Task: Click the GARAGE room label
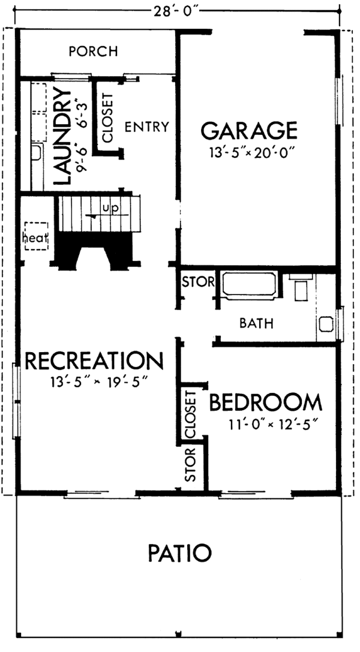[x=249, y=130]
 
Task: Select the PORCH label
[x=93, y=51]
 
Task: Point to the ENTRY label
[x=146, y=127]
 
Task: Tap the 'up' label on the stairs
[x=109, y=208]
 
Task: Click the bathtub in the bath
[x=249, y=285]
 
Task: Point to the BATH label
[x=256, y=324]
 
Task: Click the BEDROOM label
[x=265, y=402]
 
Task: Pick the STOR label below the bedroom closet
[x=191, y=465]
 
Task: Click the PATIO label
[x=179, y=552]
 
